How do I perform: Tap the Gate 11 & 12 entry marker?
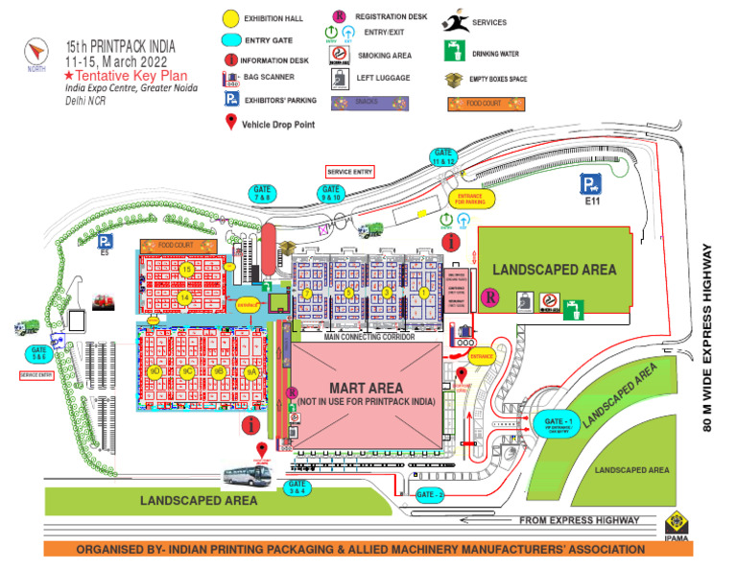pos(442,157)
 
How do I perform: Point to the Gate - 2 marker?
pos(431,494)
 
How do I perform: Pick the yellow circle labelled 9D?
pos(155,370)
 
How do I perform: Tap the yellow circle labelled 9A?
pos(250,370)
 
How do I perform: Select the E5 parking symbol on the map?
pos(104,240)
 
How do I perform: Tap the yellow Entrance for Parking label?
pos(469,199)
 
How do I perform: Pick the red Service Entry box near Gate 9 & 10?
pos(349,171)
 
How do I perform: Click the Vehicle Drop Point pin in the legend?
pos(230,123)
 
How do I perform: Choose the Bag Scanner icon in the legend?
pos(231,78)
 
